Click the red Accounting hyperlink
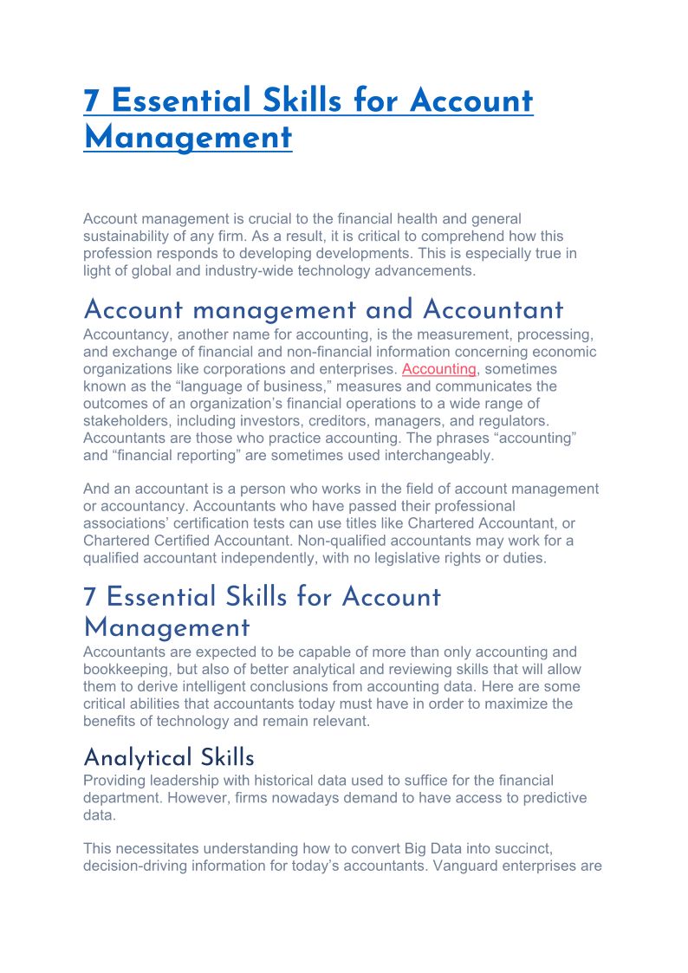439,369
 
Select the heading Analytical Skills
169,758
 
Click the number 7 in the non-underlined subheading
90,597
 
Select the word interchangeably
444,455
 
